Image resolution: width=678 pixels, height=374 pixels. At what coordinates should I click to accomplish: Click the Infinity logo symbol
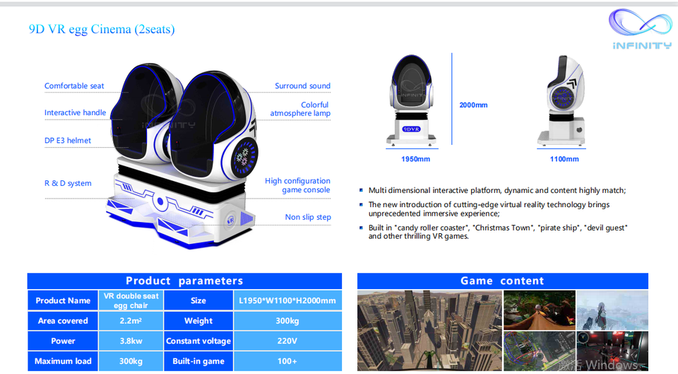[640, 23]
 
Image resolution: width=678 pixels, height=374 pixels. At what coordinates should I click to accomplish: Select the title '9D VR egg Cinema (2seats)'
[102, 29]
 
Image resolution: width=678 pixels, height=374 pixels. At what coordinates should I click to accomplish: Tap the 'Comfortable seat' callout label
[74, 86]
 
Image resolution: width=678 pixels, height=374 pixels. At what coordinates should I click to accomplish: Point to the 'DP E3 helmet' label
[68, 141]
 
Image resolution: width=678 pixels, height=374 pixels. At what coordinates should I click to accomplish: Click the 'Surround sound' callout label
[302, 86]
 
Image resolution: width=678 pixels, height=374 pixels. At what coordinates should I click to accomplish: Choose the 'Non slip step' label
[308, 217]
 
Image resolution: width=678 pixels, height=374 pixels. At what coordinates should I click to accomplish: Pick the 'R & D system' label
[68, 184]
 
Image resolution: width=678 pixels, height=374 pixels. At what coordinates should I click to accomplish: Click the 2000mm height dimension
[473, 105]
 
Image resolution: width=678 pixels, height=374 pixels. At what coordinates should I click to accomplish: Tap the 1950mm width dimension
[415, 159]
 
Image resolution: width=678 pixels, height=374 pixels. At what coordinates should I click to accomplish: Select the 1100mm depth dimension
[564, 159]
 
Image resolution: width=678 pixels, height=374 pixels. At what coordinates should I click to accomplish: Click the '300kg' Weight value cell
[287, 321]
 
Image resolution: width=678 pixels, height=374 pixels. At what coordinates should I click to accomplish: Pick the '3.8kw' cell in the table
[131, 341]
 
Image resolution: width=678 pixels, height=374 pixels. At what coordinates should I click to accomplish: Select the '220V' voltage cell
[287, 341]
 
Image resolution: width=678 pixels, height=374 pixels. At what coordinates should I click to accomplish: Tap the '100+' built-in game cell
[287, 361]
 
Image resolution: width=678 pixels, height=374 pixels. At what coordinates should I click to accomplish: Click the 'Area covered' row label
[63, 321]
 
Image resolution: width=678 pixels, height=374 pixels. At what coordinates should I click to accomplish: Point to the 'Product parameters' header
[184, 281]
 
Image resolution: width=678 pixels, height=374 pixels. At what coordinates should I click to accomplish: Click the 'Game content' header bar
[502, 281]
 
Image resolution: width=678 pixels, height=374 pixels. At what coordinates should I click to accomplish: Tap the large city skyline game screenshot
[429, 331]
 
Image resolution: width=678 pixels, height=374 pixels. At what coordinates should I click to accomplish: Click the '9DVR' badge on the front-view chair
[411, 129]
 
